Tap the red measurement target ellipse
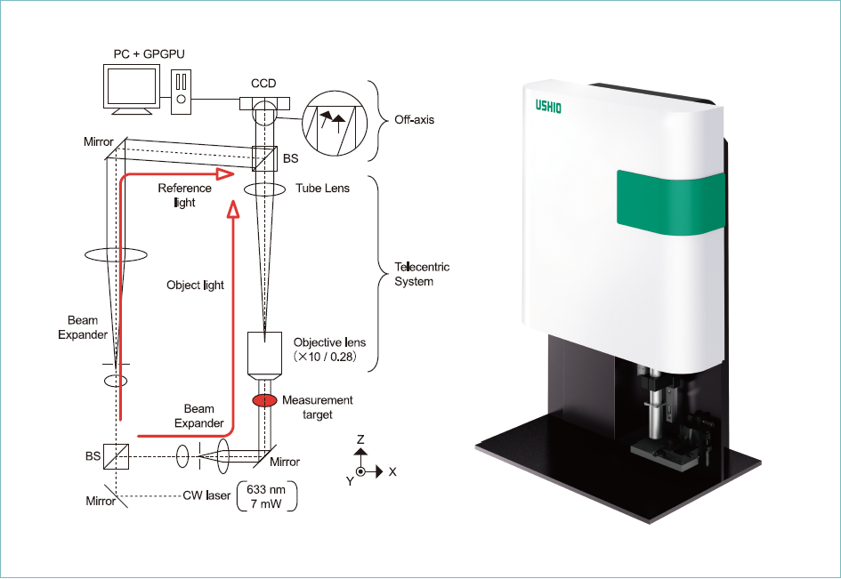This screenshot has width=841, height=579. click(x=264, y=400)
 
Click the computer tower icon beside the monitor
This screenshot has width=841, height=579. click(x=182, y=92)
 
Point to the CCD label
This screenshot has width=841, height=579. click(x=263, y=84)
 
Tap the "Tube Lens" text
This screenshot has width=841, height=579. click(x=322, y=189)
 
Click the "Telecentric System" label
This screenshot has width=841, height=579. click(x=421, y=274)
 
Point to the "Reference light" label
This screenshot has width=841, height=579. click(x=184, y=195)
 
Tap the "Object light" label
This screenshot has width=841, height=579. click(x=195, y=285)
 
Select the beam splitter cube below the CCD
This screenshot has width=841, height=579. click(x=264, y=159)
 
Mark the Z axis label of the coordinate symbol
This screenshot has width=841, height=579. click(x=360, y=439)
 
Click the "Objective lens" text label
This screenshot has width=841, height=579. click(x=329, y=342)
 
